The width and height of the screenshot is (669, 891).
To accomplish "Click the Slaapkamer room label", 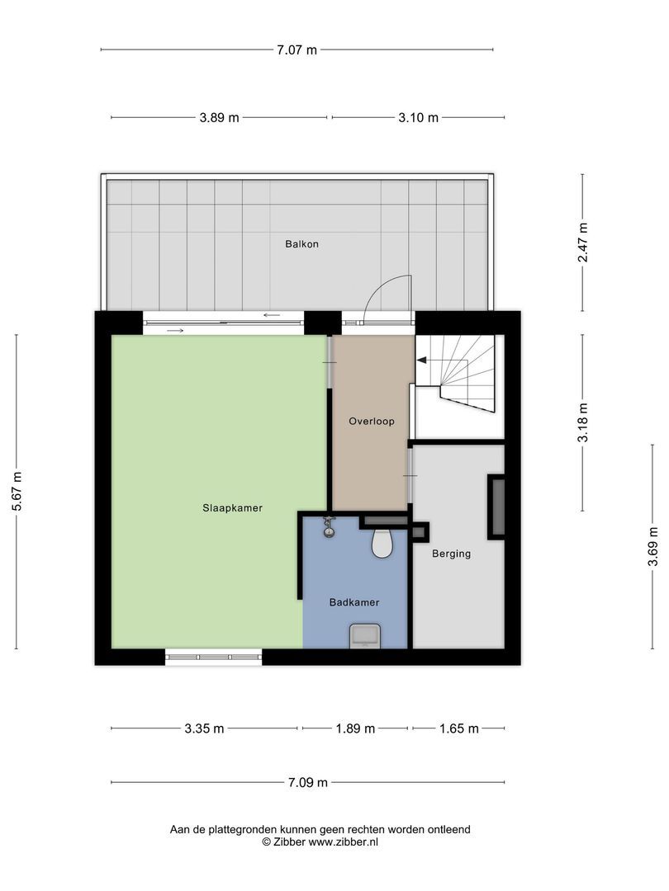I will click(x=232, y=508).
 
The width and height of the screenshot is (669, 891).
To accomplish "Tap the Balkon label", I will click(x=301, y=244).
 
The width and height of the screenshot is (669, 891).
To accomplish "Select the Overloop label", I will click(x=371, y=421).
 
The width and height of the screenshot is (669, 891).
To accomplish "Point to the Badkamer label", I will click(x=354, y=602).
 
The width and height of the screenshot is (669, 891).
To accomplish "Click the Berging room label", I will click(x=452, y=554).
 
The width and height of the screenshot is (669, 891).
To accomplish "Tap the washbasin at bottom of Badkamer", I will click(x=364, y=636).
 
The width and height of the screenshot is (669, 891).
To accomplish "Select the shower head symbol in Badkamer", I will click(x=330, y=526).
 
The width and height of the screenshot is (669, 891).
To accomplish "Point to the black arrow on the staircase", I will click(x=421, y=360).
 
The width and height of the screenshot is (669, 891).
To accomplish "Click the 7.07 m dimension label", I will click(x=297, y=49).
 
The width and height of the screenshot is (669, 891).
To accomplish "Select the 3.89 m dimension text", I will click(x=219, y=118).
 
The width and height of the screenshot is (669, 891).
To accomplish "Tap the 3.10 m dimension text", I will click(x=418, y=118).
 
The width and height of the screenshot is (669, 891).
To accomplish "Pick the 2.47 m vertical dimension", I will click(x=583, y=243).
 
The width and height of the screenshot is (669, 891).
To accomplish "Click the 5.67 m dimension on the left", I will click(x=17, y=492).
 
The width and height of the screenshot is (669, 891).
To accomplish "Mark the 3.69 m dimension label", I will click(x=652, y=546).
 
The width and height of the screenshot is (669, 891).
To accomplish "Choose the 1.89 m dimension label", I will click(x=355, y=728).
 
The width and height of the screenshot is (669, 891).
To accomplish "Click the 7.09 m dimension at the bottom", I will click(x=307, y=782).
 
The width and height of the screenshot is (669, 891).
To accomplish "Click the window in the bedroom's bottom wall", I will click(x=214, y=658).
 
